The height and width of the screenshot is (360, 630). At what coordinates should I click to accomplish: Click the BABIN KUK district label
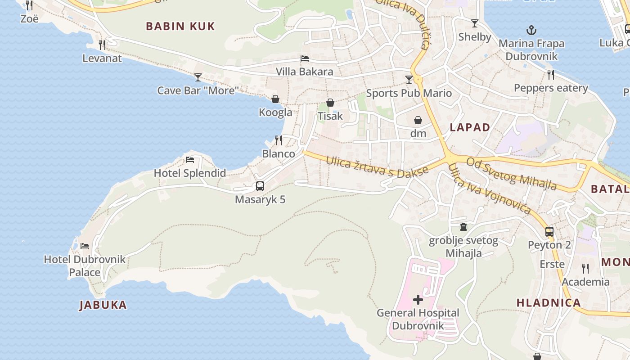[x=180, y=26]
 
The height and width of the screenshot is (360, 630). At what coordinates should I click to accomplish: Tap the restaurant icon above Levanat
[x=102, y=45]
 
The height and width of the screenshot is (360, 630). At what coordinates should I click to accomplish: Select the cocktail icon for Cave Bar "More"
[x=198, y=77]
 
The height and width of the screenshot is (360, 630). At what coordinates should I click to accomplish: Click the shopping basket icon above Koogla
[x=275, y=99]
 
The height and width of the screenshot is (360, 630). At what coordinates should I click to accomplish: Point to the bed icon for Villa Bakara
[x=305, y=58]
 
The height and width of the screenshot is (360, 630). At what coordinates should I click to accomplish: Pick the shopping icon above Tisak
[x=330, y=103]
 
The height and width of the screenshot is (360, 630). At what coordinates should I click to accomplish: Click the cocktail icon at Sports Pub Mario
[x=409, y=80]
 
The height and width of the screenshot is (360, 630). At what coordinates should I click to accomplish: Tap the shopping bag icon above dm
[x=418, y=120]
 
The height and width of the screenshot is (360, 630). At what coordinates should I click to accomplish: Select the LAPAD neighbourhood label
[x=470, y=127]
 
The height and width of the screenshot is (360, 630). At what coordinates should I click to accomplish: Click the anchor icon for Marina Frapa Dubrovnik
[x=531, y=31]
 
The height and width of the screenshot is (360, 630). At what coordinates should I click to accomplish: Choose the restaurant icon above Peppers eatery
[x=551, y=74]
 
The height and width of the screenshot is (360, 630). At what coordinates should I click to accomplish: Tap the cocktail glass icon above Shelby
[x=475, y=23]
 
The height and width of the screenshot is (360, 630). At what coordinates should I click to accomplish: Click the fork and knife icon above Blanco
[x=279, y=140]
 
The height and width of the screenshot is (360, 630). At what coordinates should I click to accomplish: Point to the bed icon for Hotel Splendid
[x=190, y=160]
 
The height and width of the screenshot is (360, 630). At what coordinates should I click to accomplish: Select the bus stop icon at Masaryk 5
[x=260, y=186]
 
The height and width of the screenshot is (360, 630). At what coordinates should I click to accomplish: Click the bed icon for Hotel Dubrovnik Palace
[x=85, y=246]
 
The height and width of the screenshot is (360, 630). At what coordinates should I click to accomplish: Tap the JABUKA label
[x=103, y=305]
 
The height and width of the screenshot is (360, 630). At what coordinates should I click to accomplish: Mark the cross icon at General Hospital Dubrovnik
[x=418, y=299]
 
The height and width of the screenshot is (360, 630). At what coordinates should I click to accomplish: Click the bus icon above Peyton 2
[x=549, y=232]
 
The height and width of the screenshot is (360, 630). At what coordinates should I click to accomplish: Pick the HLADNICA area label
[x=549, y=303]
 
